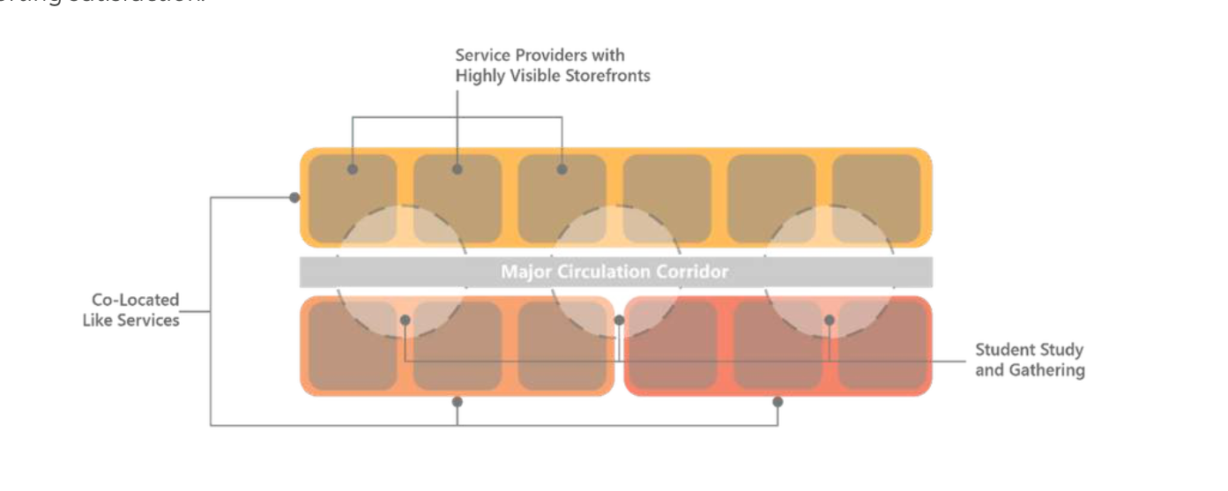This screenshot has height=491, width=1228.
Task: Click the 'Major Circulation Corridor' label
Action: (614, 272)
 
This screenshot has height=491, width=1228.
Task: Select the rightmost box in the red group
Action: (882, 346)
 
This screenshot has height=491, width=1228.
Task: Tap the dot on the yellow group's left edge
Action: (294, 197)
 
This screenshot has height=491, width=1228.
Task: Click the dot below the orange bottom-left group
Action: (457, 402)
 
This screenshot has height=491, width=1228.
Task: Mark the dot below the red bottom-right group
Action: (778, 402)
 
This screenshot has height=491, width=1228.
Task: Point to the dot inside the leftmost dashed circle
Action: (405, 320)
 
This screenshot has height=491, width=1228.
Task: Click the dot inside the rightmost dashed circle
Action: (829, 320)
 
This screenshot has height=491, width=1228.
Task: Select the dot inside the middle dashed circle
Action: (619, 320)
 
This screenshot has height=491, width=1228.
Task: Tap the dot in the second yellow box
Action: (457, 168)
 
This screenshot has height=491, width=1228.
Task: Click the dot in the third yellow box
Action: (562, 168)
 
